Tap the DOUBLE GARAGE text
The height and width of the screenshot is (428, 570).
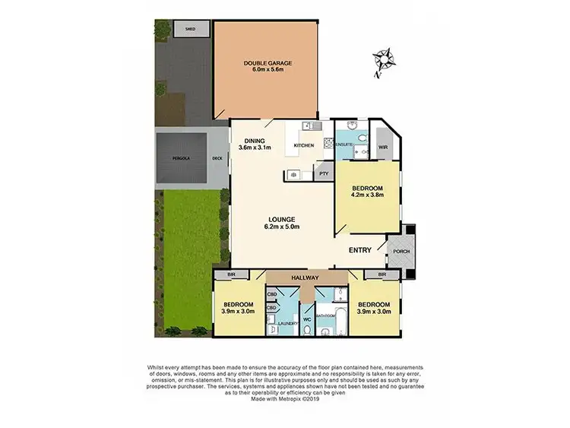pos(268,62)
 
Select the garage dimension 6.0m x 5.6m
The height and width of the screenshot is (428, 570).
pos(268,69)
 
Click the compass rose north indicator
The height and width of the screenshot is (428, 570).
pos(382,59)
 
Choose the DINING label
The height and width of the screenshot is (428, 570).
pos(254,140)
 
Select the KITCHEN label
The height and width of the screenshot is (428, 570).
pos(303,145)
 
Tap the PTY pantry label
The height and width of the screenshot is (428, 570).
pos(323,174)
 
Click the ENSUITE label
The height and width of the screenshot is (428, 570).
pos(344,144)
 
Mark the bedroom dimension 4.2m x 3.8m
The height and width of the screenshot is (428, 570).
pos(367,195)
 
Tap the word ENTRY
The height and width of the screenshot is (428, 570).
pos(360,250)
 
